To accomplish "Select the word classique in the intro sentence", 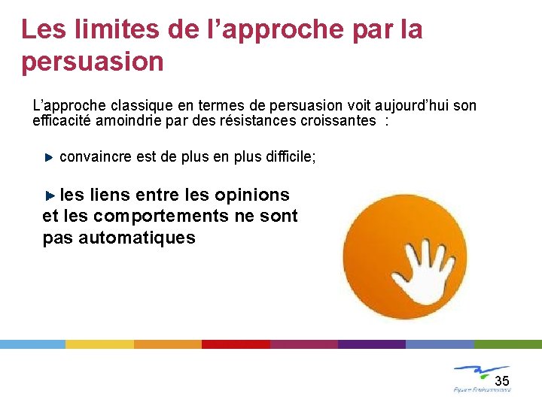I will [133, 106].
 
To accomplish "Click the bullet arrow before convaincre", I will [49, 157].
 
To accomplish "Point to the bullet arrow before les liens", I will [50, 195].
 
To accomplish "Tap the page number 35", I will [501, 379].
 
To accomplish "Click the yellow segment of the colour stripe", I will [99, 344].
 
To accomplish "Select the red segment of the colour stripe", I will [236, 344].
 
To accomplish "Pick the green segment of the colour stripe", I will [507, 344].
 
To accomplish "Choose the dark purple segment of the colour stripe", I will [371, 344].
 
